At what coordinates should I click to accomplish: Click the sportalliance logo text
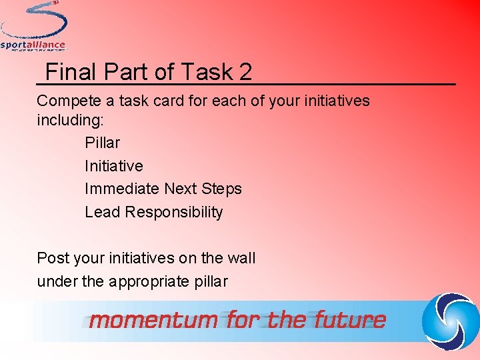33,45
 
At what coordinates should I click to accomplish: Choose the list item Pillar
102,143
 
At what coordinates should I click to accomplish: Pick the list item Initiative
113,166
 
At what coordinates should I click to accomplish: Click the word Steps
222,189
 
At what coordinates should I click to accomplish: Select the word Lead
103,213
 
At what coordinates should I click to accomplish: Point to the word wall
241,258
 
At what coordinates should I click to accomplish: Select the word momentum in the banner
154,321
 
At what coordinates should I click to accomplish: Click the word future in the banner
351,321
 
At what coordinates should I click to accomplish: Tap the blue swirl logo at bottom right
451,320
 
